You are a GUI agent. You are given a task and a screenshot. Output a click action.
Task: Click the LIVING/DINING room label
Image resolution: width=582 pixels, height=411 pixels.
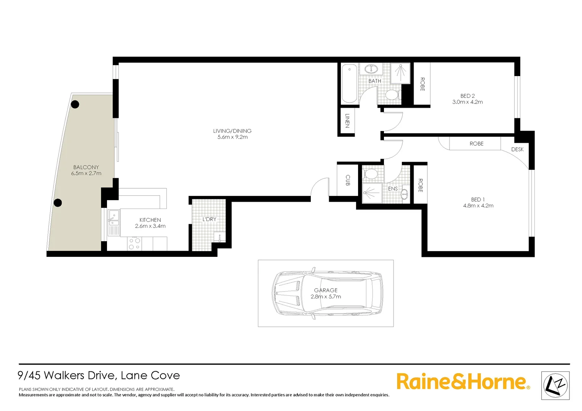232,131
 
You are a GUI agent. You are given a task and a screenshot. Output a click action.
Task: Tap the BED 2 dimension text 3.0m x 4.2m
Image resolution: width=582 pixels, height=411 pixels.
467,102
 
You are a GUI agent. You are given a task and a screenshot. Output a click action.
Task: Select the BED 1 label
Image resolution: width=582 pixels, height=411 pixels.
478,199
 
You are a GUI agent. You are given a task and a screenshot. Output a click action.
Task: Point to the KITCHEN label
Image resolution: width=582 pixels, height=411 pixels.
150,220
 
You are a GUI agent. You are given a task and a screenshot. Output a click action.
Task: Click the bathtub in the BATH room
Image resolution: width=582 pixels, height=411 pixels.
349,84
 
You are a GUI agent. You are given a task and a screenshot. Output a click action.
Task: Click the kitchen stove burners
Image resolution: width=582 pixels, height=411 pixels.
134,244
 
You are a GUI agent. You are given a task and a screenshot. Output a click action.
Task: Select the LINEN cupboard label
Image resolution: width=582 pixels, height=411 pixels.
347,121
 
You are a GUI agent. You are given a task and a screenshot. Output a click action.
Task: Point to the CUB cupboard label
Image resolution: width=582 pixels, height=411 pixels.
348,180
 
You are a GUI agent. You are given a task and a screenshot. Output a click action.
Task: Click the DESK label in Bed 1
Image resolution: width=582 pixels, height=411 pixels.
517,149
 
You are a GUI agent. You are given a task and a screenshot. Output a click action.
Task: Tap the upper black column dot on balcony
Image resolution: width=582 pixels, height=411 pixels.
75,104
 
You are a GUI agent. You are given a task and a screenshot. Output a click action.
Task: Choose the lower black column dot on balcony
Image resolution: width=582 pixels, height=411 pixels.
58,202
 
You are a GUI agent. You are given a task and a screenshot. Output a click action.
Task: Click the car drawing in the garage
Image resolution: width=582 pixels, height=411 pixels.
327,293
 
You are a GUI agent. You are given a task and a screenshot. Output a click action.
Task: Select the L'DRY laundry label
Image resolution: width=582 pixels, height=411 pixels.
209,219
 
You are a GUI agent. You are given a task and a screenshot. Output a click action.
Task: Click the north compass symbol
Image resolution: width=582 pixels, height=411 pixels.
555,386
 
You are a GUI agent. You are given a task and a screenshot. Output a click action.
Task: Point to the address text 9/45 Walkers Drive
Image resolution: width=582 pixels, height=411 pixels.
99,376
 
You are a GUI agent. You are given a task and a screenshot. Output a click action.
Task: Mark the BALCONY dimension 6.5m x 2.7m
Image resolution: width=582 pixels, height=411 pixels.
86,173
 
